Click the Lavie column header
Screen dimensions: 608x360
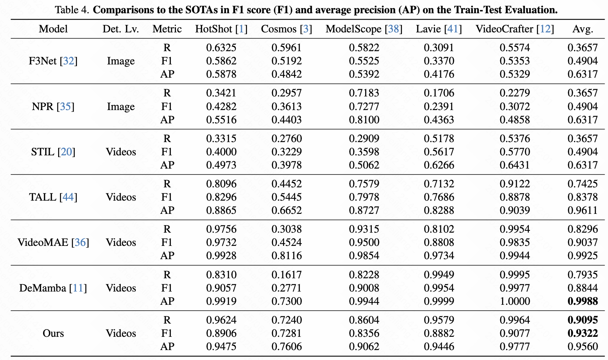[439, 29]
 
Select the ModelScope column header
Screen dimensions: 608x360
[364, 29]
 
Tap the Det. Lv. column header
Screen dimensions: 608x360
[120, 29]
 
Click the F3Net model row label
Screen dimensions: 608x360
[53, 61]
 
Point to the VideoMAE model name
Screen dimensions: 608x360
[53, 242]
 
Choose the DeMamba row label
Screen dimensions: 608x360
[53, 288]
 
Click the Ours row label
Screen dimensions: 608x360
[53, 333]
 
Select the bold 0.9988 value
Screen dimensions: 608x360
[583, 301]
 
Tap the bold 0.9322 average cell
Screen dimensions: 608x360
[583, 333]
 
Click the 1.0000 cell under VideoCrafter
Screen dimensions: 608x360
[515, 301]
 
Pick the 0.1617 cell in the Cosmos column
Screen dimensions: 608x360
[286, 275]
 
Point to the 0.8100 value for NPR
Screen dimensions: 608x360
[364, 120]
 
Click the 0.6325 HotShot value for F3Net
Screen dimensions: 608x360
[221, 47]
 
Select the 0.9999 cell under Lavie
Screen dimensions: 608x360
[439, 301]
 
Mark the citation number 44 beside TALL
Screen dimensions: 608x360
[68, 197]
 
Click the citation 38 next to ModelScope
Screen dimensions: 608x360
[393, 29]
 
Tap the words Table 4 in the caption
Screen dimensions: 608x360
[72, 10]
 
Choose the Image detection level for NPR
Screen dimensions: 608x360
[120, 106]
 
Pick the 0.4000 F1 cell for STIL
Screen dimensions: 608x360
[221, 152]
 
